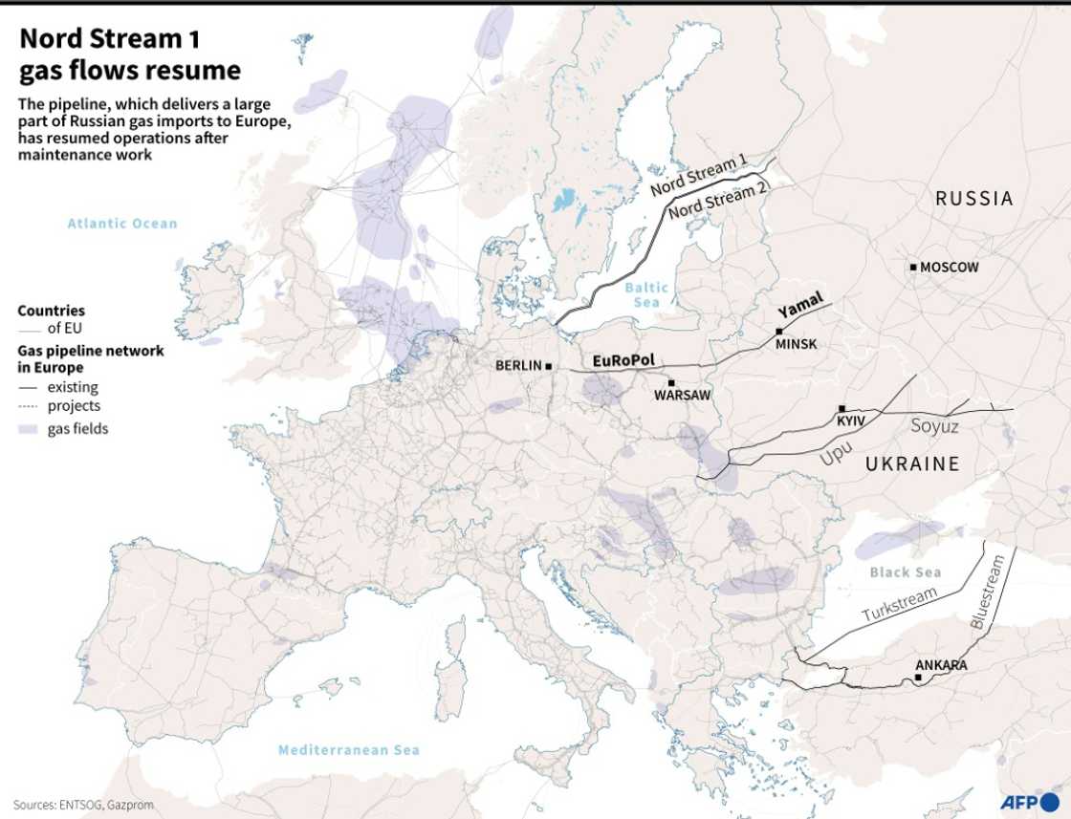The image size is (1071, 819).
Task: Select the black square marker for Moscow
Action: [914, 268]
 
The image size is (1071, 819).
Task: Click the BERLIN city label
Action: [517, 366]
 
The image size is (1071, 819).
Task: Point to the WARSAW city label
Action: [683, 395]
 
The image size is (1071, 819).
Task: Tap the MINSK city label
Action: [796, 344]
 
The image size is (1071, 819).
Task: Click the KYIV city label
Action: [851, 420]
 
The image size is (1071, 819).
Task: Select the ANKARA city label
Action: [941, 665]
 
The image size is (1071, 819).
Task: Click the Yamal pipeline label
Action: [800, 306]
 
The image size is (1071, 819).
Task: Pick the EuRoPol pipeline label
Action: [623, 360]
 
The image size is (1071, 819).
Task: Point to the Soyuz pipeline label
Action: [934, 426]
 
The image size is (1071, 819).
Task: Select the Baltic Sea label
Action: [646, 294]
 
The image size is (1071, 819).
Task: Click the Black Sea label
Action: [905, 572]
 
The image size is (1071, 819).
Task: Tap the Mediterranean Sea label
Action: [348, 750]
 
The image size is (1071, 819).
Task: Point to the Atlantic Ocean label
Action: [122, 224]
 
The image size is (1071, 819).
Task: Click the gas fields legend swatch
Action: [28, 429]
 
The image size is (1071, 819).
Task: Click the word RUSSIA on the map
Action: [973, 199]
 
